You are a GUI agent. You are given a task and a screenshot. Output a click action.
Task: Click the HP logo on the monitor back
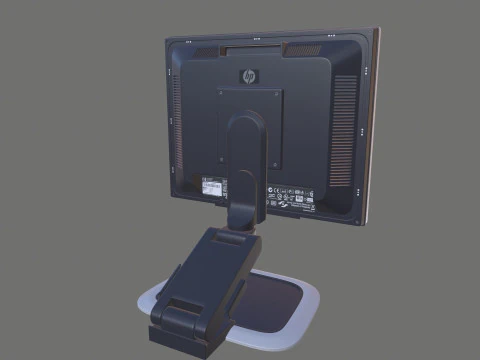tap(248, 75)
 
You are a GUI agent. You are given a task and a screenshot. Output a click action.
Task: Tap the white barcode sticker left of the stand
tap(213, 185)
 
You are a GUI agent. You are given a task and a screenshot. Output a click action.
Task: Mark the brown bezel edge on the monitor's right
tap(374, 120)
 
